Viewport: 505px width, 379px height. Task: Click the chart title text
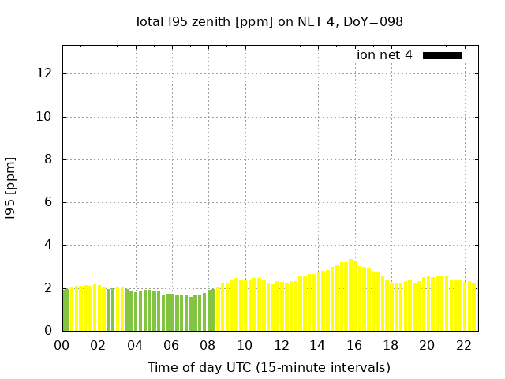click(268, 22)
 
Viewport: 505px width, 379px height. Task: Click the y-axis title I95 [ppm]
click(11, 188)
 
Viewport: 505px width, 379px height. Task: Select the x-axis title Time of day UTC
click(268, 367)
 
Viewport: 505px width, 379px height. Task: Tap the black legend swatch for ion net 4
click(442, 55)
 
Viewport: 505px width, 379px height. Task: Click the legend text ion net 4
click(384, 55)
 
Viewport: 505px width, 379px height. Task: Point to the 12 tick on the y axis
click(44, 73)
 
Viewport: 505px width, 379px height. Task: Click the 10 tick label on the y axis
click(44, 117)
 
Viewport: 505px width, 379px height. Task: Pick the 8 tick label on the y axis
click(48, 159)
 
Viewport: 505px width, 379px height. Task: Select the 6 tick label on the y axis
click(48, 202)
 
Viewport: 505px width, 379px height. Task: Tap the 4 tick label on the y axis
click(48, 246)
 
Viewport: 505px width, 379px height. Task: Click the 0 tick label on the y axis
click(48, 331)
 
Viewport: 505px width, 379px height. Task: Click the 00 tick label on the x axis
click(62, 345)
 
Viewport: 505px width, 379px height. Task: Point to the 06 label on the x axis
click(171, 345)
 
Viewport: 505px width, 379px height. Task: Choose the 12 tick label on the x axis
click(281, 345)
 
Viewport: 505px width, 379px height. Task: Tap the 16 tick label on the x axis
click(354, 345)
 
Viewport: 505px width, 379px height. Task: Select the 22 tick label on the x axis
click(464, 345)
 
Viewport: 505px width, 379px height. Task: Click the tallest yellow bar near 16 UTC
click(351, 295)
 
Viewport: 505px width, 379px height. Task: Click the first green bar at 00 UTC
click(65, 310)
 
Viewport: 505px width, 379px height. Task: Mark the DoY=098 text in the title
click(373, 22)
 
